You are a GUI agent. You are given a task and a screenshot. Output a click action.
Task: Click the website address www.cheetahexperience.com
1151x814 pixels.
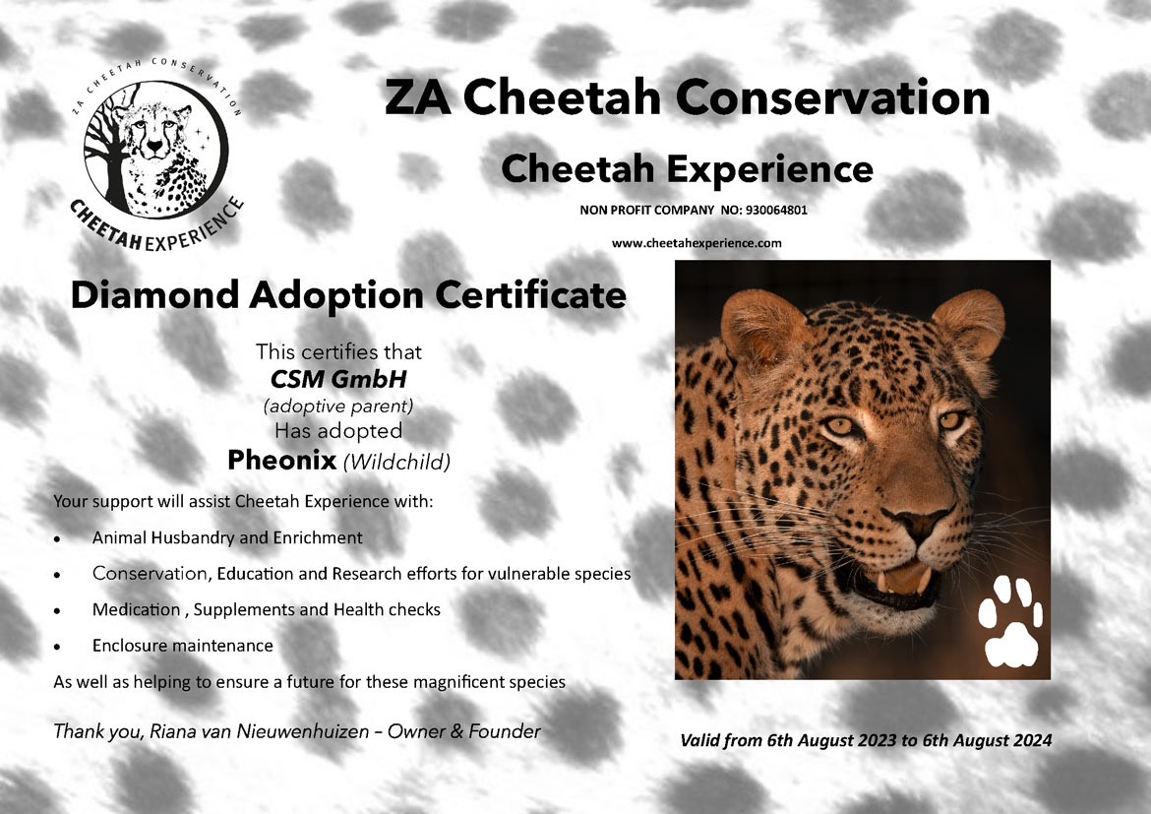pos(697,243)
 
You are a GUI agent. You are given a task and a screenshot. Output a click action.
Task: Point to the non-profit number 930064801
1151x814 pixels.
pos(776,210)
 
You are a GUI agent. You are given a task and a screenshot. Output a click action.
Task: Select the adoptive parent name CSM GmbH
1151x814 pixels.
pos(338,379)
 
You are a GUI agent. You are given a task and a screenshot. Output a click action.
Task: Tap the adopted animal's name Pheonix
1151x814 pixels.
pos(282,460)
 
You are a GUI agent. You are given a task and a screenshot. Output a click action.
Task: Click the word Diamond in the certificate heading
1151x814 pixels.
pos(154,294)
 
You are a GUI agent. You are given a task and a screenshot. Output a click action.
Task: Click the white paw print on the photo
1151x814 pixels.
pos(1010,621)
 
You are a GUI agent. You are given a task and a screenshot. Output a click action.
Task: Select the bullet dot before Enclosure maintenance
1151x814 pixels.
pos(57,648)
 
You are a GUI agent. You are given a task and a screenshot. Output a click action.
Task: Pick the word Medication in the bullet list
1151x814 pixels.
pos(136,610)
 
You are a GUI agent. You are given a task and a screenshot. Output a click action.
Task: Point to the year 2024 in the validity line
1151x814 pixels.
pos(1031,740)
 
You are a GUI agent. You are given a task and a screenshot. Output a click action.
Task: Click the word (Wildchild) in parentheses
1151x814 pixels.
pos(396,462)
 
